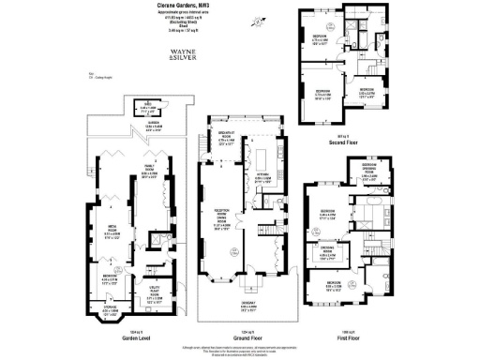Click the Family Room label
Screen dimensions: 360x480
point(149,174)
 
